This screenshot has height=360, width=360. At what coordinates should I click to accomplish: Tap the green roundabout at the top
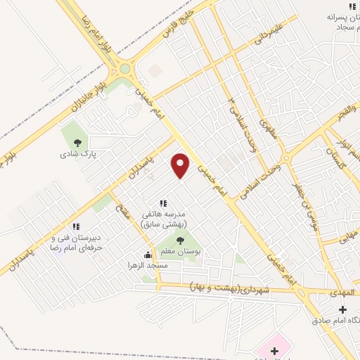[126, 69]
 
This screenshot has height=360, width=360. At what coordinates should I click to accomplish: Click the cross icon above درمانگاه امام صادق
[342, 309]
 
